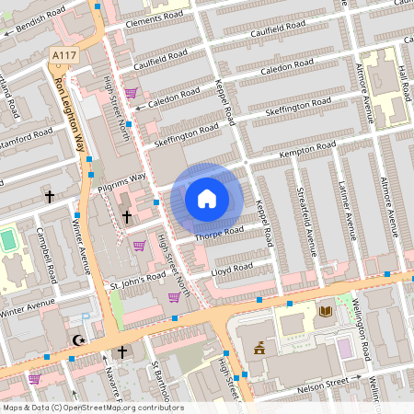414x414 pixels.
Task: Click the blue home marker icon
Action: pos(207,198)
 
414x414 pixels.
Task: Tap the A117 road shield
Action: pos(63,56)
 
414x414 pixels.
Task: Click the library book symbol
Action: pos(324,313)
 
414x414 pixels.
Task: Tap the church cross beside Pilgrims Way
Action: pos(126,215)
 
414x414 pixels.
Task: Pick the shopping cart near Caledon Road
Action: pos(132,92)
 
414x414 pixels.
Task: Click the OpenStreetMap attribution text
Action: pos(92,408)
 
